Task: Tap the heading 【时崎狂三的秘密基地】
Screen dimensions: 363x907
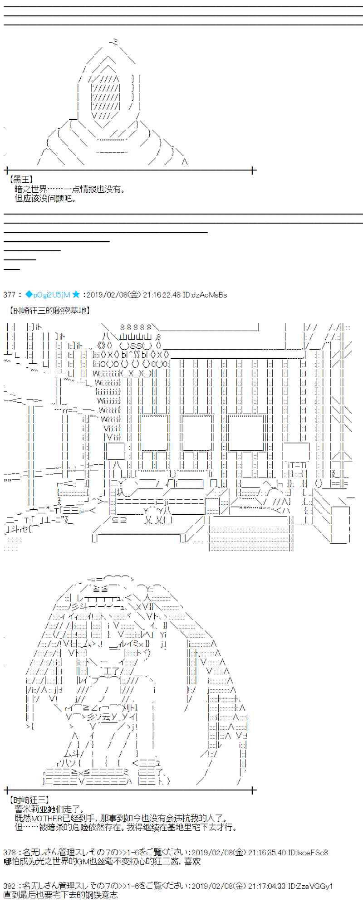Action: [x=48, y=311]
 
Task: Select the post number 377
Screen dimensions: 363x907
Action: [x=10, y=295]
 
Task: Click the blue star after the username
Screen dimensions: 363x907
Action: [x=76, y=294]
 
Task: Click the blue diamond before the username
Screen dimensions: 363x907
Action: [x=29, y=294]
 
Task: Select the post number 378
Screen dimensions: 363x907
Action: [x=10, y=853]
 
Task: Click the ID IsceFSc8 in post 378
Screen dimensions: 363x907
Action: [x=313, y=853]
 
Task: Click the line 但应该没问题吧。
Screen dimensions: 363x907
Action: [x=45, y=198]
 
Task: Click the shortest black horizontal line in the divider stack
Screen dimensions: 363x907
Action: [x=12, y=268]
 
